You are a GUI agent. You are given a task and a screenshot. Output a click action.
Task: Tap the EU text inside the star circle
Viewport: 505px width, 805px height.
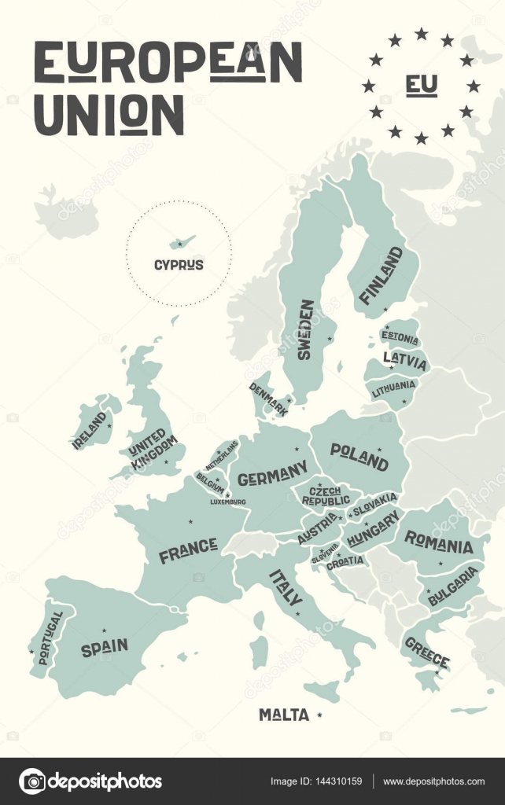pyautogui.click(x=421, y=86)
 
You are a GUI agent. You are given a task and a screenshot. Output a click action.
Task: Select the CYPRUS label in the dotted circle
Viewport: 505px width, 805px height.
pyautogui.click(x=179, y=265)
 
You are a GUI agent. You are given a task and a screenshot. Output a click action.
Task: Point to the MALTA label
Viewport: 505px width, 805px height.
pyautogui.click(x=284, y=715)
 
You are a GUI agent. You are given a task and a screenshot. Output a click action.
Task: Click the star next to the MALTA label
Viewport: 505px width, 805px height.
pyautogui.click(x=319, y=715)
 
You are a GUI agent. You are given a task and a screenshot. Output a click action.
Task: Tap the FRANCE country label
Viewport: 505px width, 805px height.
pyautogui.click(x=188, y=550)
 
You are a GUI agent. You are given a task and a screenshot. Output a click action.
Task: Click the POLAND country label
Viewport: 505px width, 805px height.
pyautogui.click(x=359, y=456)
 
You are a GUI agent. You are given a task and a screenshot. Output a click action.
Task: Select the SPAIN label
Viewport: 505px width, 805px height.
pyautogui.click(x=104, y=648)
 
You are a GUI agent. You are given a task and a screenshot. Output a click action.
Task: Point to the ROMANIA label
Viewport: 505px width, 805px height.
pyautogui.click(x=438, y=542)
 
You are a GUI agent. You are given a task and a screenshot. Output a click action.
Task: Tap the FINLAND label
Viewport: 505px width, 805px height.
pyautogui.click(x=382, y=275)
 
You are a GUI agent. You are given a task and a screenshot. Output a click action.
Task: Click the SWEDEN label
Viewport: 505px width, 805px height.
pyautogui.click(x=305, y=329)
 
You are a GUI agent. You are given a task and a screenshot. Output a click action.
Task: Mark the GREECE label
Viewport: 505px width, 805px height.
pyautogui.click(x=426, y=651)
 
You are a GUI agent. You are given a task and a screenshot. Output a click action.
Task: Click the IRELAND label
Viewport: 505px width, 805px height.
pyautogui.click(x=89, y=430)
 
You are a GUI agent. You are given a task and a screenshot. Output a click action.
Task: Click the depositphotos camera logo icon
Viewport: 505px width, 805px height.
pyautogui.click(x=32, y=781)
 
